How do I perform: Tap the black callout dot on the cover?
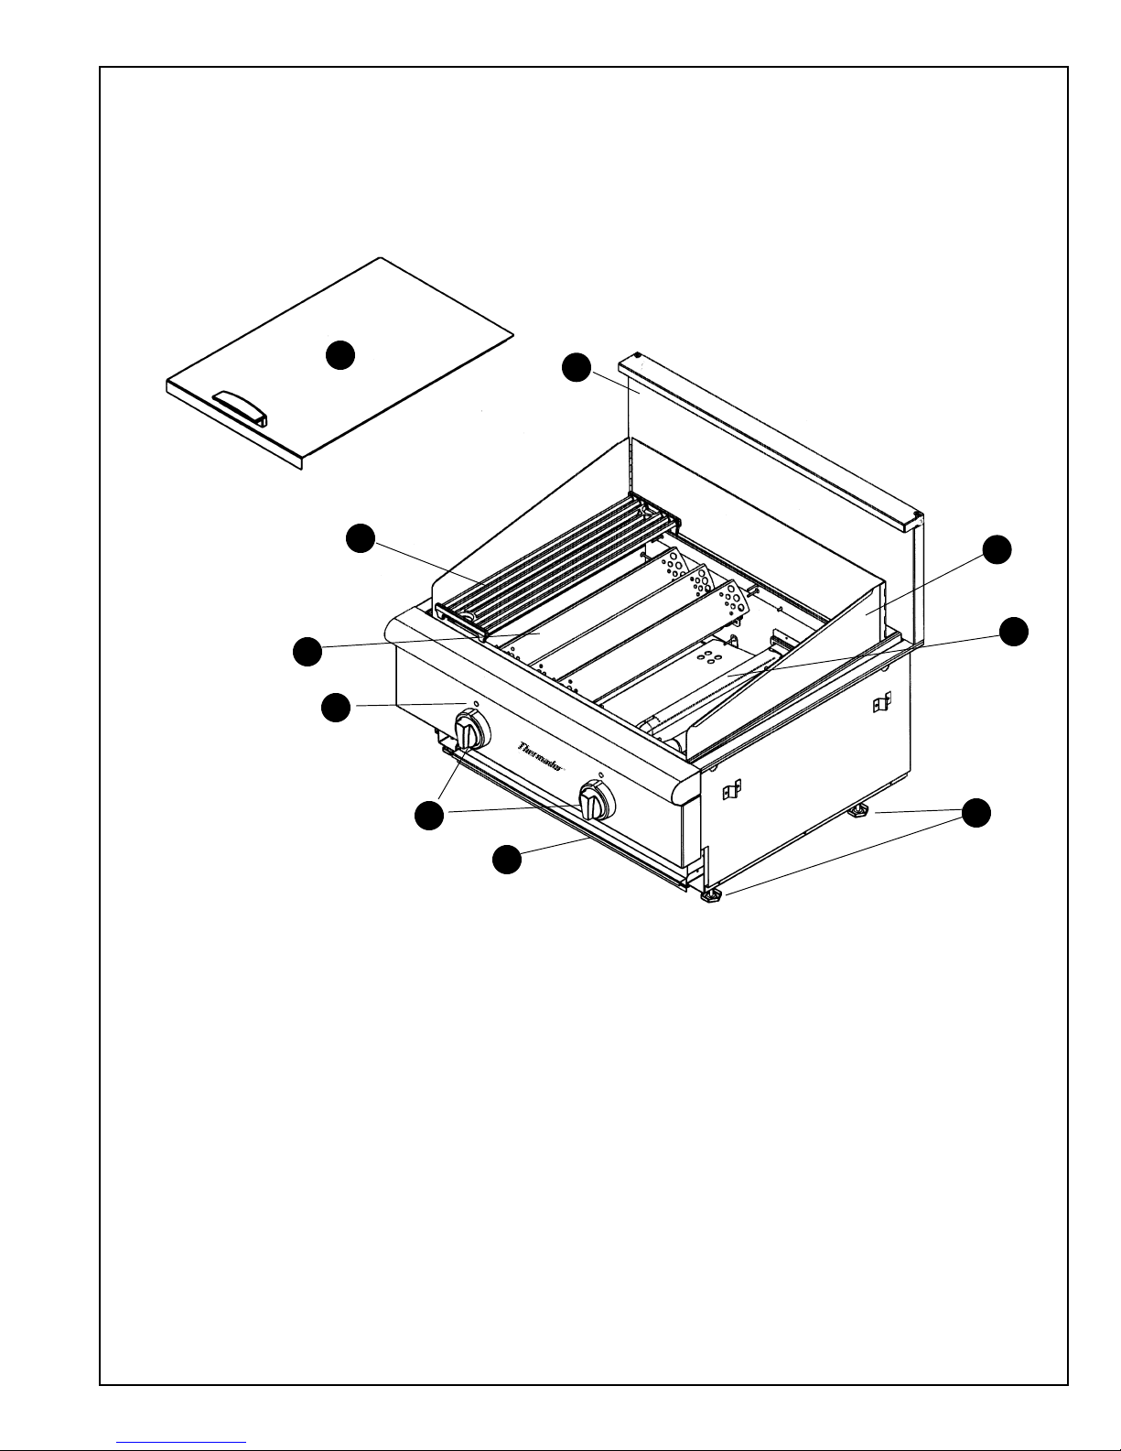(x=340, y=354)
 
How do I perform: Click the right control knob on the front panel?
(x=596, y=803)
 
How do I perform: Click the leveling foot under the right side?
(x=859, y=811)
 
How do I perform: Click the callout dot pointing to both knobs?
(x=427, y=815)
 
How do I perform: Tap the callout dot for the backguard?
(x=576, y=368)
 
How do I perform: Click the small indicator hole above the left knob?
(x=476, y=705)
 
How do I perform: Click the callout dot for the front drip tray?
(x=506, y=859)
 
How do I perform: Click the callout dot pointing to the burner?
(x=1012, y=631)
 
